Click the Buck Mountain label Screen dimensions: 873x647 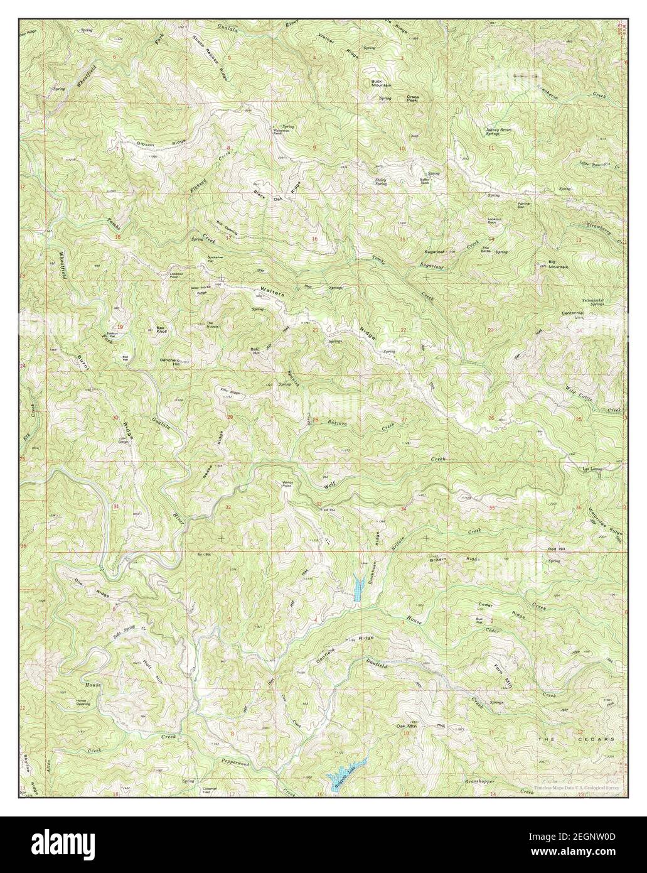(380, 83)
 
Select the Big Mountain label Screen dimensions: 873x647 (558, 264)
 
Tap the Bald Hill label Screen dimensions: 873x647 (256, 352)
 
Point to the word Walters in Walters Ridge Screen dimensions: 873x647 (272, 292)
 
